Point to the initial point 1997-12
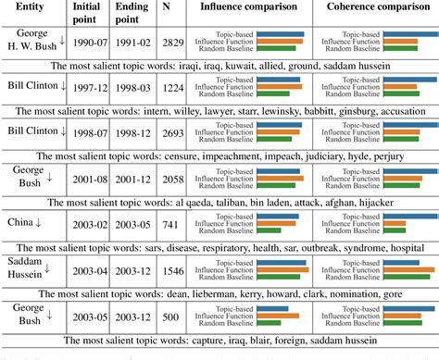click(86, 90)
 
